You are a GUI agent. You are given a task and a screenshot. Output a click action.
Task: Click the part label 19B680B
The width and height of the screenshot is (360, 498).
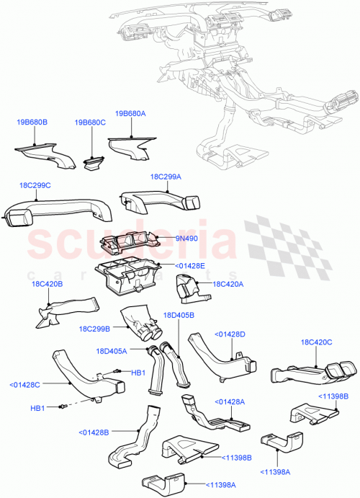(32, 123)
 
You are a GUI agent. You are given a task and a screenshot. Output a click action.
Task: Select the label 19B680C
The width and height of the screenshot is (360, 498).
(90, 123)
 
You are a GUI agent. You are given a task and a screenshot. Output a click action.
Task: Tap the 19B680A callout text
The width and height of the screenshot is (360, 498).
(130, 113)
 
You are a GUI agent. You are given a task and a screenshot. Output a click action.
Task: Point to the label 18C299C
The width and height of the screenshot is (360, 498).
(35, 185)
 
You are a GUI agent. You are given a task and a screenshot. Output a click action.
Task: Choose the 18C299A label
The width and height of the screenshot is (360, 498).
(166, 177)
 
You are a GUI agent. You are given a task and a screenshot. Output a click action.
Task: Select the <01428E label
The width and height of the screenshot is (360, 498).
(190, 265)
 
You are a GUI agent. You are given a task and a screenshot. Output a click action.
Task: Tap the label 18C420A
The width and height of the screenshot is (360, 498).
(229, 284)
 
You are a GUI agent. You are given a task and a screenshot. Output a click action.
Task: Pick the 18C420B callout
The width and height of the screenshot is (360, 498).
(48, 284)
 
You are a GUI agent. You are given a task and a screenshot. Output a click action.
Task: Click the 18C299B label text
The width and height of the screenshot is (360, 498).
(94, 328)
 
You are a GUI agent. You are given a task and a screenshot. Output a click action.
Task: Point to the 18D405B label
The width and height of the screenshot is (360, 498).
(180, 315)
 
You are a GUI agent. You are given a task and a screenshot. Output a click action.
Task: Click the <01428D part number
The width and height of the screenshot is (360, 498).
(230, 334)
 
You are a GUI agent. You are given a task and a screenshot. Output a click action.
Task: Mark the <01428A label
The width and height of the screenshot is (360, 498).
(230, 401)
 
